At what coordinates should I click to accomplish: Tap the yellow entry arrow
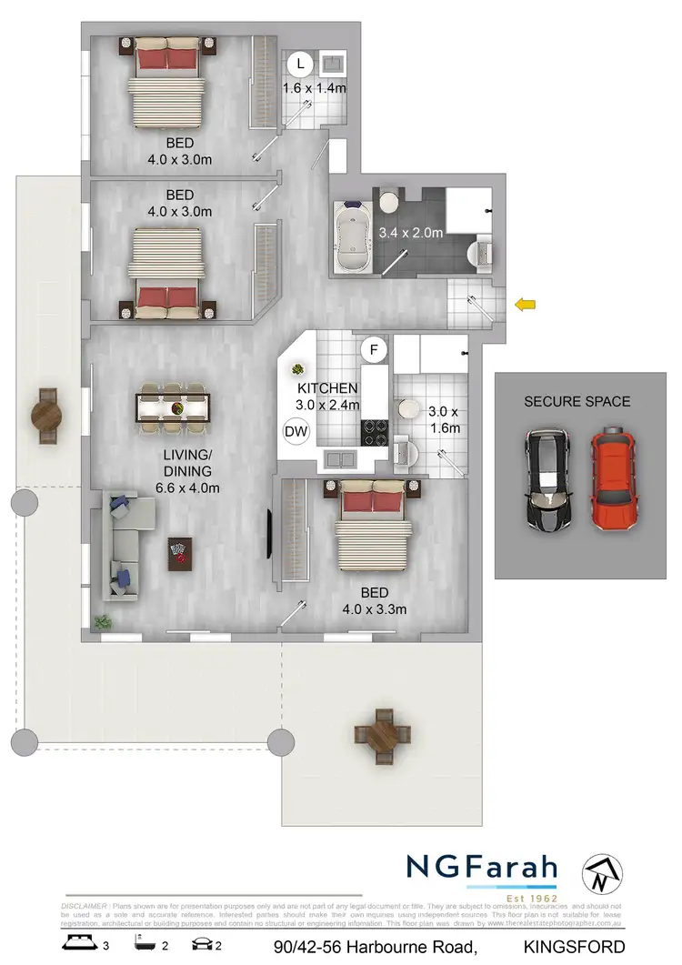pos(525,306)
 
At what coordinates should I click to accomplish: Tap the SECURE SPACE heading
pos(577,401)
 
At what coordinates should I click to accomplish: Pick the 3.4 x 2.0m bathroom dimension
pos(410,232)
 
